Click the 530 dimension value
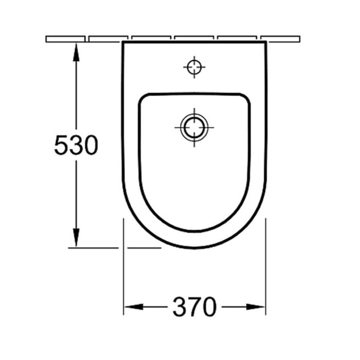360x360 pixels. (x=76, y=146)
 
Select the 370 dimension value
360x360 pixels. (x=194, y=308)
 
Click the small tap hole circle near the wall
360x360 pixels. (x=194, y=66)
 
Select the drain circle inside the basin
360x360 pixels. (x=194, y=127)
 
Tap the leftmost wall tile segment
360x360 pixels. (x=66, y=39)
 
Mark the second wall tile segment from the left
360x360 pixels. (x=108, y=39)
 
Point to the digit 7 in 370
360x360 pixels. (x=194, y=308)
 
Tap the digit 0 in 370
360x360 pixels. (x=208, y=308)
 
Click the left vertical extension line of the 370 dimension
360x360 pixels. (x=123, y=267)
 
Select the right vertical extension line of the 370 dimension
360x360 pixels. (x=265, y=267)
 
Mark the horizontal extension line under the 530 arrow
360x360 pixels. (x=93, y=247)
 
